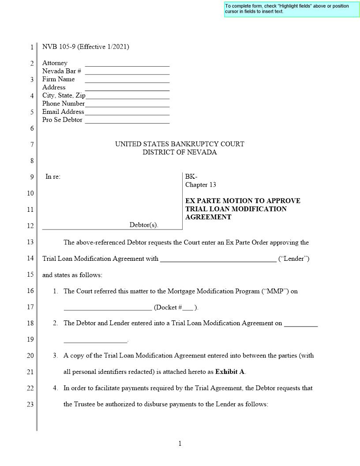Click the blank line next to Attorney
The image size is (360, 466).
coord(127,64)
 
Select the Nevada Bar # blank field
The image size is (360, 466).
coord(127,71)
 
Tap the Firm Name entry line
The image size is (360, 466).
coord(127,80)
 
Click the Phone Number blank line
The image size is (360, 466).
coord(127,104)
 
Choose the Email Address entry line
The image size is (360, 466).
coord(127,112)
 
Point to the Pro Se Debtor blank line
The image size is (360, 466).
coord(127,120)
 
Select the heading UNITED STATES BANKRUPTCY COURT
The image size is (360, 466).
coord(180,144)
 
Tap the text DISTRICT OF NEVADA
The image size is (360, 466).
coord(180,152)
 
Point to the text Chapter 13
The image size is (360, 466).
coord(201,185)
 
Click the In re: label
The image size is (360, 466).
coord(53,177)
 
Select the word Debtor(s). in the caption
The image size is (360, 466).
coord(144,225)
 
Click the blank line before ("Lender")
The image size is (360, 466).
coord(218,259)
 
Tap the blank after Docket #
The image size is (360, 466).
coord(187,308)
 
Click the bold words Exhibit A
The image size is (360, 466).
coord(230,372)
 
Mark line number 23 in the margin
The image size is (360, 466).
coord(30,404)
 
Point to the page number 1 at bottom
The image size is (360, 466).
coord(180,443)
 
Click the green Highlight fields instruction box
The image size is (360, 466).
coord(292,9)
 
